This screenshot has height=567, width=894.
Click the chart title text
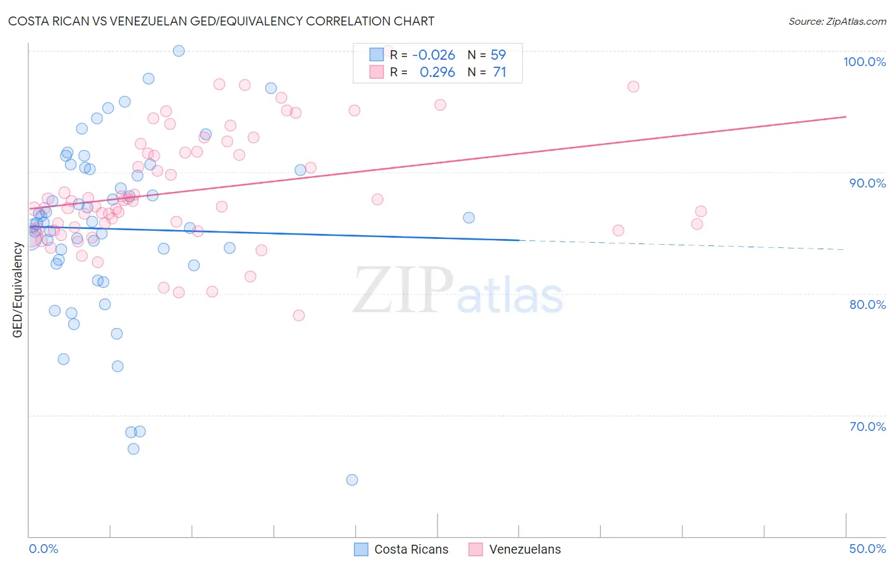tap(221, 21)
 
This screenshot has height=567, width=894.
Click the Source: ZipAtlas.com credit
tap(837, 22)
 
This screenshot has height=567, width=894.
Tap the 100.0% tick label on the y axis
tap(864, 62)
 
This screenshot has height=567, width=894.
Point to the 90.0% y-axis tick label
tap(867, 183)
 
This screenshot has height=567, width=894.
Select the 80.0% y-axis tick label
tap(867, 304)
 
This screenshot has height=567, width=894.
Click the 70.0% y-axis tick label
tap(867, 427)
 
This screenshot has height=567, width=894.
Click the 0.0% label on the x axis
tap(43, 549)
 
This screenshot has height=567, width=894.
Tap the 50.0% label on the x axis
tap(867, 549)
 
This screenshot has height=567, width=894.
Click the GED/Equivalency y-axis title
tap(18, 290)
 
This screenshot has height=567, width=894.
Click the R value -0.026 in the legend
tap(434, 55)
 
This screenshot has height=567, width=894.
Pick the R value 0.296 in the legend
tap(437, 72)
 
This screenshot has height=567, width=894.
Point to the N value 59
tap(499, 55)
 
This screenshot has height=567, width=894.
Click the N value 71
tap(500, 72)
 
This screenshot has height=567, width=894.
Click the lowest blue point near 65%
tap(352, 480)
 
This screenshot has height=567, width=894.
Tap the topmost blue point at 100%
tap(179, 51)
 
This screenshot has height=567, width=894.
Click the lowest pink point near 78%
tap(299, 315)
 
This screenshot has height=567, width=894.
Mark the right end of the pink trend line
tap(846, 116)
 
